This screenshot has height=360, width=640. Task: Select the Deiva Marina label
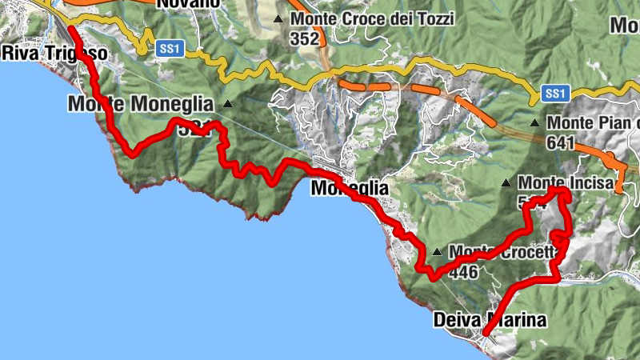[490, 321]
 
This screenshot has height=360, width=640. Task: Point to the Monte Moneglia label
[141, 104]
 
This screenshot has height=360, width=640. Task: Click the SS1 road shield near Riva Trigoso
[170, 50]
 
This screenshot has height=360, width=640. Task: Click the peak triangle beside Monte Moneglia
[228, 103]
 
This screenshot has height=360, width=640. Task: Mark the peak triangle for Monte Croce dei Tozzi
[278, 18]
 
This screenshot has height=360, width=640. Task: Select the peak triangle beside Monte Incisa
[506, 182]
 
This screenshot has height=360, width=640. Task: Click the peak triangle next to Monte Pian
[534, 123]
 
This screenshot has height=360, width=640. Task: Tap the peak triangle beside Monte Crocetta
[437, 252]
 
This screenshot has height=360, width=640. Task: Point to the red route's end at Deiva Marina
[485, 332]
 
